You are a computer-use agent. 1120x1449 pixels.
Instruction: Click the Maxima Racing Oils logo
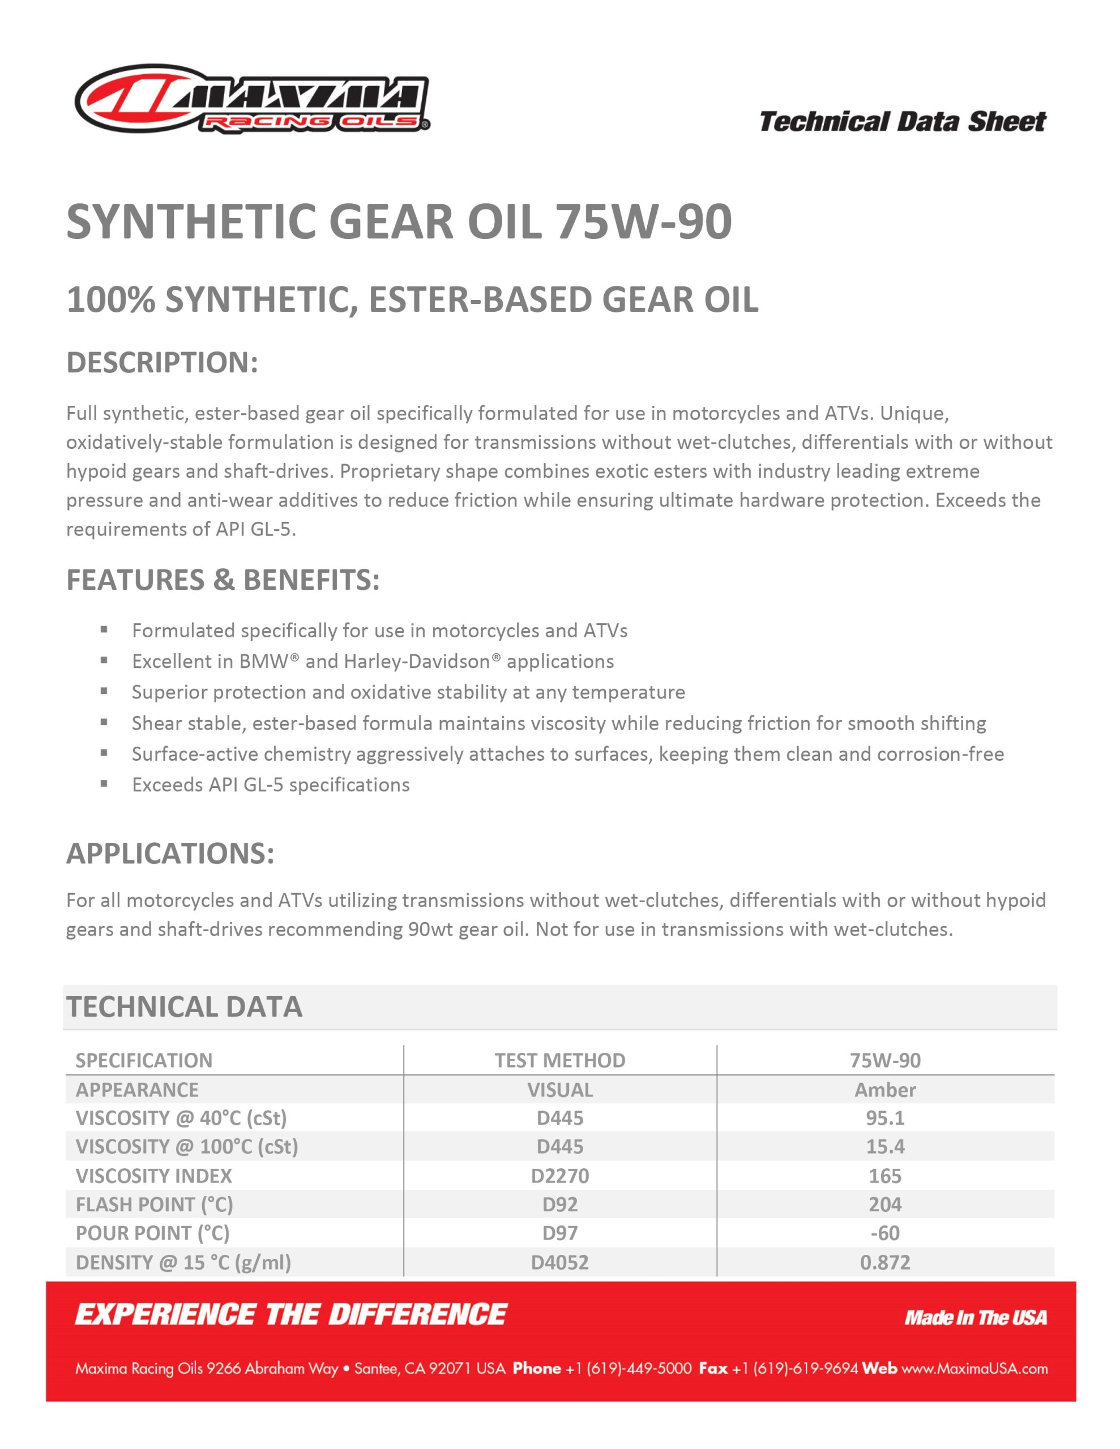[253, 100]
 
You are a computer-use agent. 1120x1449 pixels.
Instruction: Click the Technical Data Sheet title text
[902, 122]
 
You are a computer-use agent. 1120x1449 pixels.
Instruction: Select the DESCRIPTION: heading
[162, 363]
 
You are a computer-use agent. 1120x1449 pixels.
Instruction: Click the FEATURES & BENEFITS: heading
[223, 580]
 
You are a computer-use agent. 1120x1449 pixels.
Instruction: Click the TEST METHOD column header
[559, 1060]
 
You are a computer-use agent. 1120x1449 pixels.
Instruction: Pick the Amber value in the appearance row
[885, 1090]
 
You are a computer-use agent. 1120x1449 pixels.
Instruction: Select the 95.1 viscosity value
[885, 1118]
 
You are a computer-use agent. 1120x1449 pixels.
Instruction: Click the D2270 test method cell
[559, 1176]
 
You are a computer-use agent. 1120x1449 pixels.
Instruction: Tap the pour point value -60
[885, 1233]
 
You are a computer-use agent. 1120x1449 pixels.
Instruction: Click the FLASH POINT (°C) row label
[154, 1204]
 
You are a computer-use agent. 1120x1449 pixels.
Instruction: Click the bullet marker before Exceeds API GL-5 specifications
[104, 783]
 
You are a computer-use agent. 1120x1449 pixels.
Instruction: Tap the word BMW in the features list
[263, 662]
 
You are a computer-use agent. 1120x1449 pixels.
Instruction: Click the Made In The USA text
[975, 1318]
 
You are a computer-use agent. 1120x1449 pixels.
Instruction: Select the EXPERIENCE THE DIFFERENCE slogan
[291, 1315]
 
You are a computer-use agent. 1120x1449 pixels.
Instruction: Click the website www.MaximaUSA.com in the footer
[974, 1369]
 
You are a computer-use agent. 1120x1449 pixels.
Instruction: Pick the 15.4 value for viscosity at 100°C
[885, 1146]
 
